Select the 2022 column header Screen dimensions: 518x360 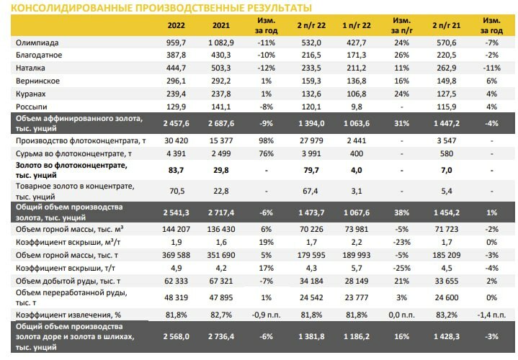coord(176,25)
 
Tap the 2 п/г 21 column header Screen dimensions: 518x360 coord(446,25)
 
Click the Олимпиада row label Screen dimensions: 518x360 coord(37,42)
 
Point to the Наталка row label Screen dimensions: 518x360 coord(30,68)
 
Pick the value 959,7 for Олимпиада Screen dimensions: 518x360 coord(176,42)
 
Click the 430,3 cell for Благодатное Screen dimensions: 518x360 coord(221,55)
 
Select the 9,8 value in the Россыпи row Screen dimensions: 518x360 coord(357,107)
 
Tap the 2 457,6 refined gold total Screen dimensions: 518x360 coord(176,123)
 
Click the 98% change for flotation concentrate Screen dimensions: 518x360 coord(267,140)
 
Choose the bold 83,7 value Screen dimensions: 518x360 coord(176,170)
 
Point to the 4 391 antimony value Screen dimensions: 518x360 coord(176,153)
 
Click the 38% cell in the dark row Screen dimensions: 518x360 coord(401,212)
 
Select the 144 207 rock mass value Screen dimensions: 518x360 coord(176,229)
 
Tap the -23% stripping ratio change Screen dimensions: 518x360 coord(401,242)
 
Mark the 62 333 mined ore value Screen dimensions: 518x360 coord(176,281)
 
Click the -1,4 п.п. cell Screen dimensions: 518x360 coord(491,315)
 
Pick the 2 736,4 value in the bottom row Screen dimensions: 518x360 coord(221,336)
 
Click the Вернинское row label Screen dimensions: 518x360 coord(37,81)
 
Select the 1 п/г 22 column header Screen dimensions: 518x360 coord(357,25)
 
